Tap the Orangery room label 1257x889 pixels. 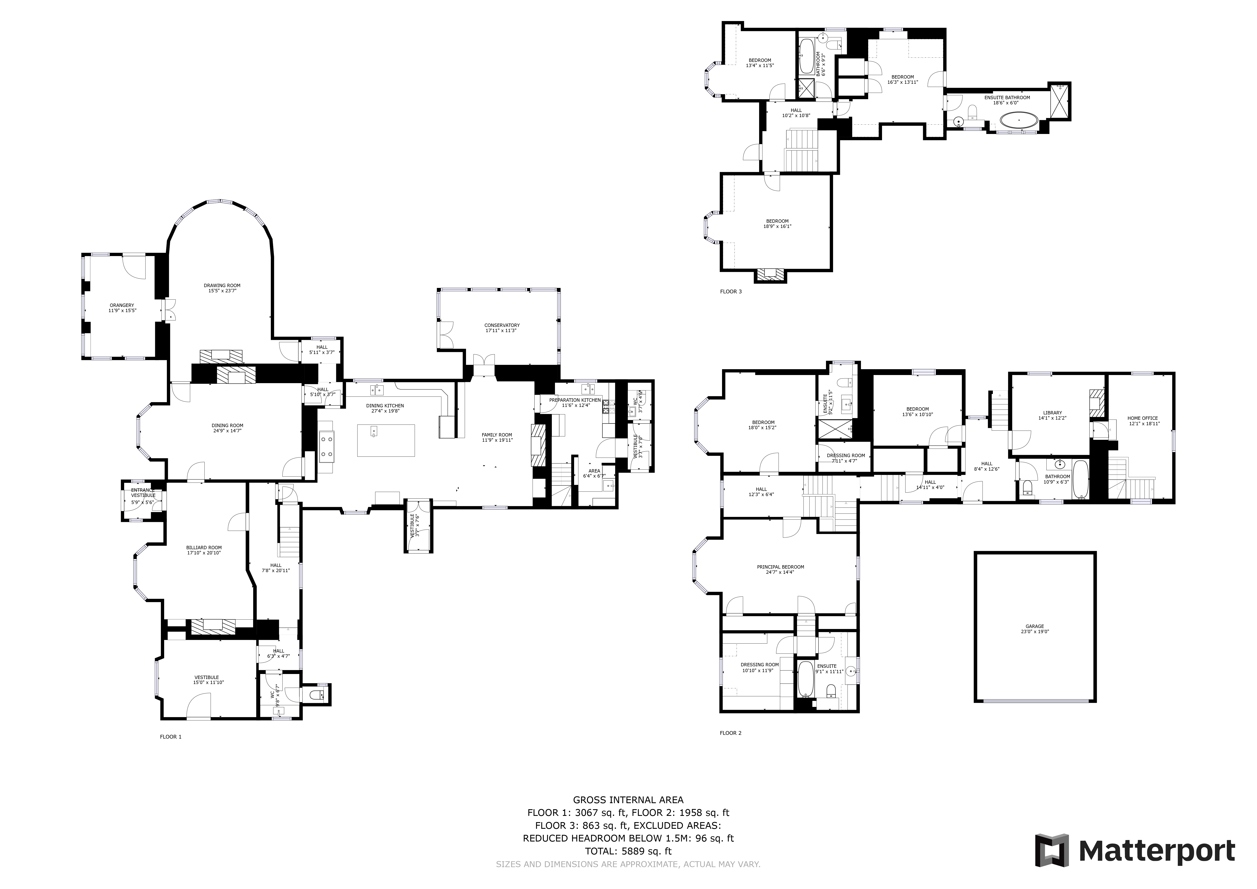point(121,305)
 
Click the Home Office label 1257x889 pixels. point(1143,418)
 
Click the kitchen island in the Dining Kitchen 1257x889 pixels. point(386,440)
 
